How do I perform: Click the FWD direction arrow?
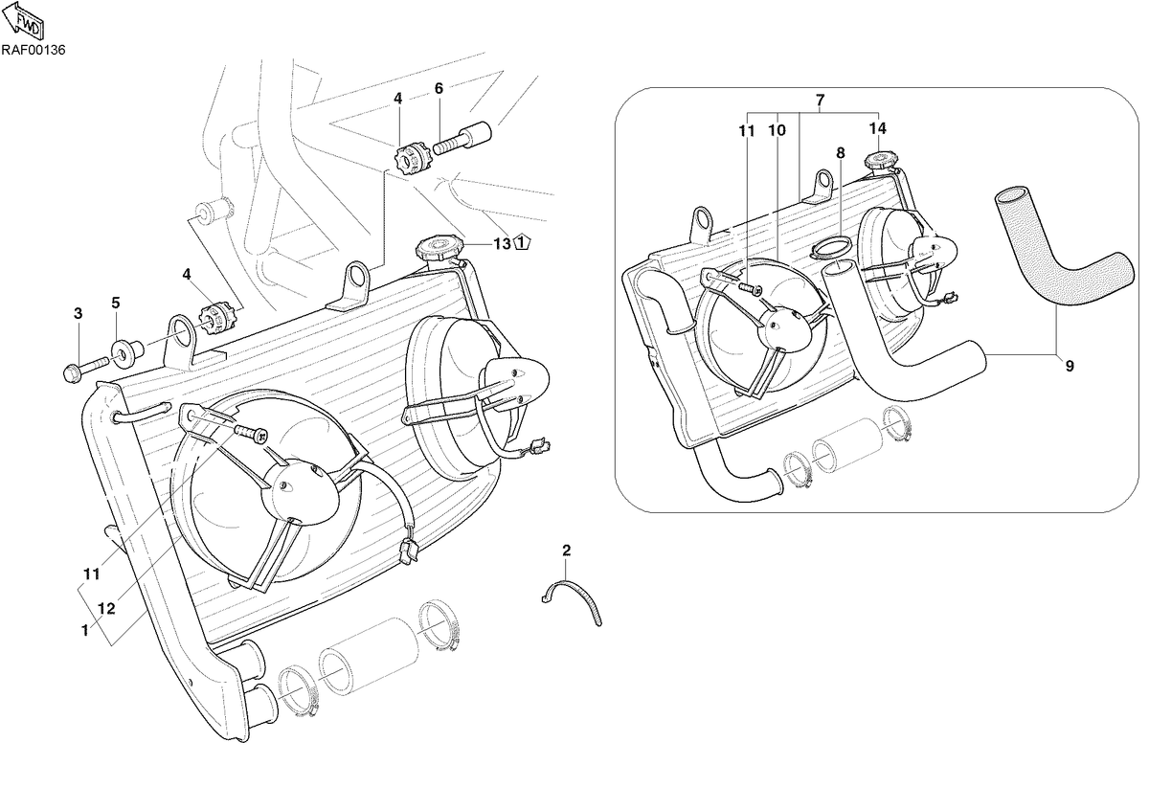pos(24,20)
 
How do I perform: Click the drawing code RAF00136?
pos(34,51)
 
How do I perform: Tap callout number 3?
pos(78,313)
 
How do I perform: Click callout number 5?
pos(116,304)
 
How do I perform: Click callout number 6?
pos(439,89)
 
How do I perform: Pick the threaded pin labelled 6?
pos(462,138)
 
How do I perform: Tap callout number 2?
pos(566,551)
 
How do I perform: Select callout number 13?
pos(502,243)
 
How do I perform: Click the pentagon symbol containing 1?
pos(522,242)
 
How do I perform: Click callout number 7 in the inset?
pos(820,100)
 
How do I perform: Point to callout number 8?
pos(841,153)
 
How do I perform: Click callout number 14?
pos(878,128)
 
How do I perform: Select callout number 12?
pos(106,609)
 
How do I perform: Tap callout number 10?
pos(777,131)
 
